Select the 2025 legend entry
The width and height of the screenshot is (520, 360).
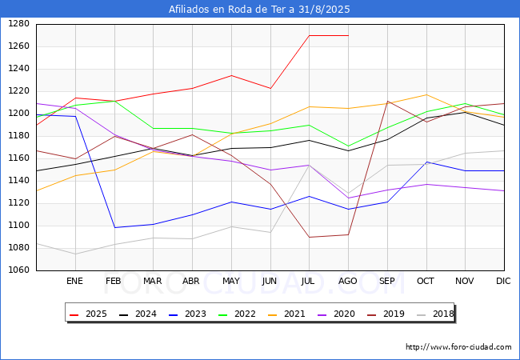coord(88,314)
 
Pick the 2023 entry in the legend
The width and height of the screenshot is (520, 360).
coord(187,314)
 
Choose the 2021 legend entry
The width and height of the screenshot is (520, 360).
coord(286,314)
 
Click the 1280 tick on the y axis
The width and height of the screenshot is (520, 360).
coord(18,23)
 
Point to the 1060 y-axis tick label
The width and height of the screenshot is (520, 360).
coord(18,270)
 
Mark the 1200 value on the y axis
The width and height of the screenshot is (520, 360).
coord(18,113)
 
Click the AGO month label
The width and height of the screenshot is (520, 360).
coord(347,281)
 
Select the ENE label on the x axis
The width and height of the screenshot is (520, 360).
coord(74,281)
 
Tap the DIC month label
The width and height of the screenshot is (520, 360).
coord(503,281)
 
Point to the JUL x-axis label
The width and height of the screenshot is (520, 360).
coord(308,281)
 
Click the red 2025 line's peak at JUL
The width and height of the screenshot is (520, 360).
coord(310,35)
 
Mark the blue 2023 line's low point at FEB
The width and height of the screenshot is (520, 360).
coord(114,227)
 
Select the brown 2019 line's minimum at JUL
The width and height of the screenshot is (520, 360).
coord(310,237)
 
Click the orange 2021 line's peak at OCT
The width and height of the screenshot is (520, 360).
coord(426,95)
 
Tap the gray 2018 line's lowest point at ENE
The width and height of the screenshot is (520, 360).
coord(76,254)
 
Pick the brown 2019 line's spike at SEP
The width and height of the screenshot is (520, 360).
coord(387,101)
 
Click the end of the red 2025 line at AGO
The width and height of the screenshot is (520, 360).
coord(348,35)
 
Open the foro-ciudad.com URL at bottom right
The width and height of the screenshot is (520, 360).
coord(458,347)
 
